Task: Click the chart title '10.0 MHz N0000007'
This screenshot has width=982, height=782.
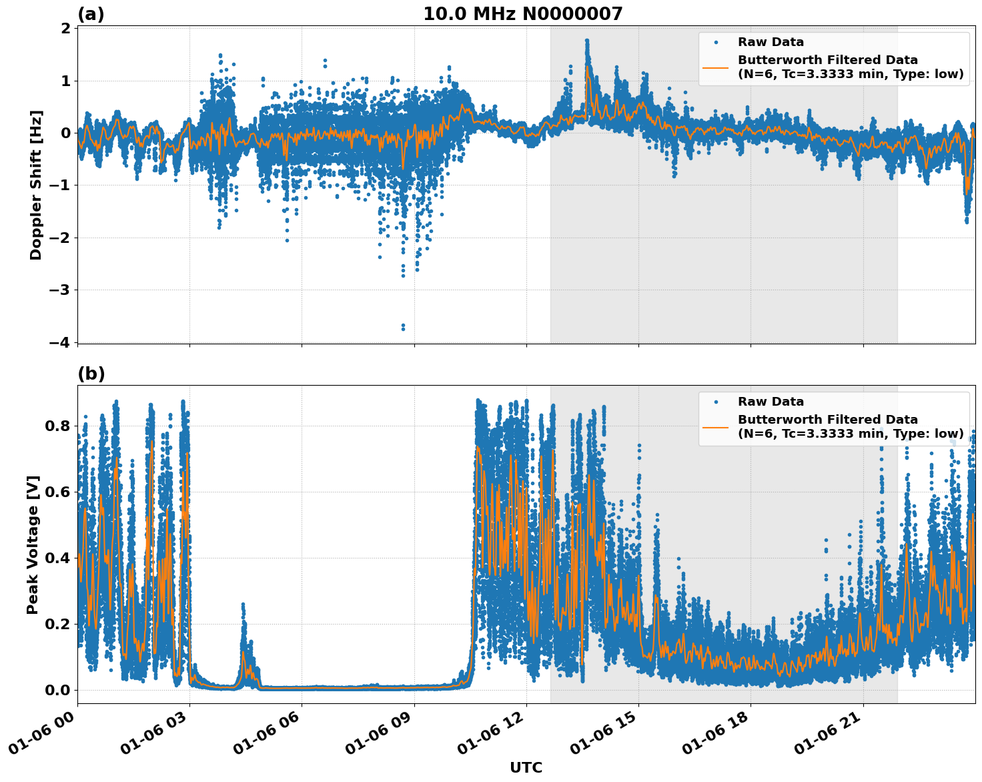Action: (522, 14)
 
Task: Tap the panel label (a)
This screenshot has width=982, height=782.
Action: (91, 14)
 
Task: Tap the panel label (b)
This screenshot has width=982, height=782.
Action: (91, 374)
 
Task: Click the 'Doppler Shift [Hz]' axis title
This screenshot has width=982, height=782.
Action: (36, 185)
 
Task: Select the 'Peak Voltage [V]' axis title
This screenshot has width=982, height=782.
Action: (33, 544)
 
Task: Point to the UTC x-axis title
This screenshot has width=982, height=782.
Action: (526, 767)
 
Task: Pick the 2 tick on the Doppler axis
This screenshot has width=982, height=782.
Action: (65, 29)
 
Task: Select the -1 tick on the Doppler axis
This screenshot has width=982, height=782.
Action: (59, 185)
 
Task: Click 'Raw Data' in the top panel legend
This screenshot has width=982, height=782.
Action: (771, 42)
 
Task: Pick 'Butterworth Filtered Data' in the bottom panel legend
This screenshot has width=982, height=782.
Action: (827, 420)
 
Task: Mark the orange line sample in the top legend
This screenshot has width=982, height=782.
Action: (715, 67)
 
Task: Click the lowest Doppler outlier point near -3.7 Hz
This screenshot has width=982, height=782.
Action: (403, 328)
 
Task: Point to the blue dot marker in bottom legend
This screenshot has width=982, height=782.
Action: (716, 402)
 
